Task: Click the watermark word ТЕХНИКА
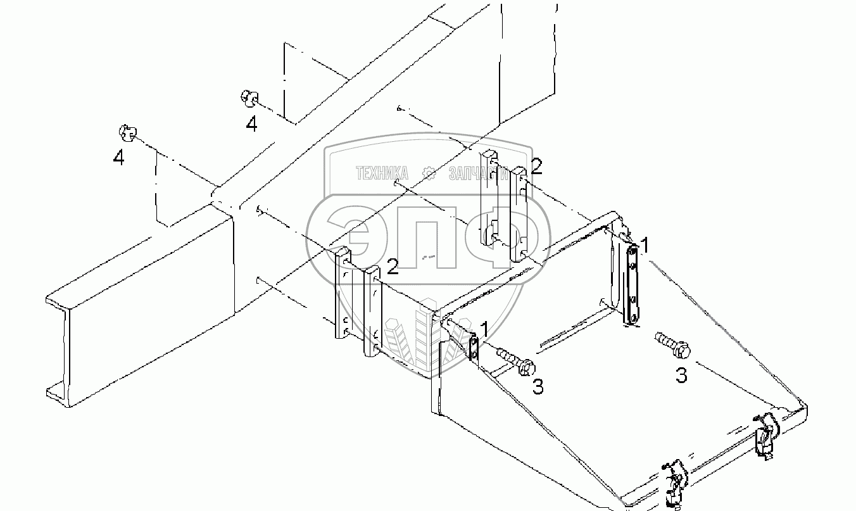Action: tap(381, 173)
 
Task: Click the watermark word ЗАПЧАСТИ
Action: tap(479, 173)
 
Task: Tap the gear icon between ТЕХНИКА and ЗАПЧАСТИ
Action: tap(429, 173)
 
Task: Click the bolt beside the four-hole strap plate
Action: tap(672, 344)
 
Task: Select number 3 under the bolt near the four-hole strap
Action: tap(681, 376)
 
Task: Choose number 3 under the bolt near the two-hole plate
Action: tap(538, 387)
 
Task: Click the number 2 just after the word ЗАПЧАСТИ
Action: tap(536, 167)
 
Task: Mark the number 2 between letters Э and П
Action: tap(393, 267)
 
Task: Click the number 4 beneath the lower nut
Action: tap(118, 158)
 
